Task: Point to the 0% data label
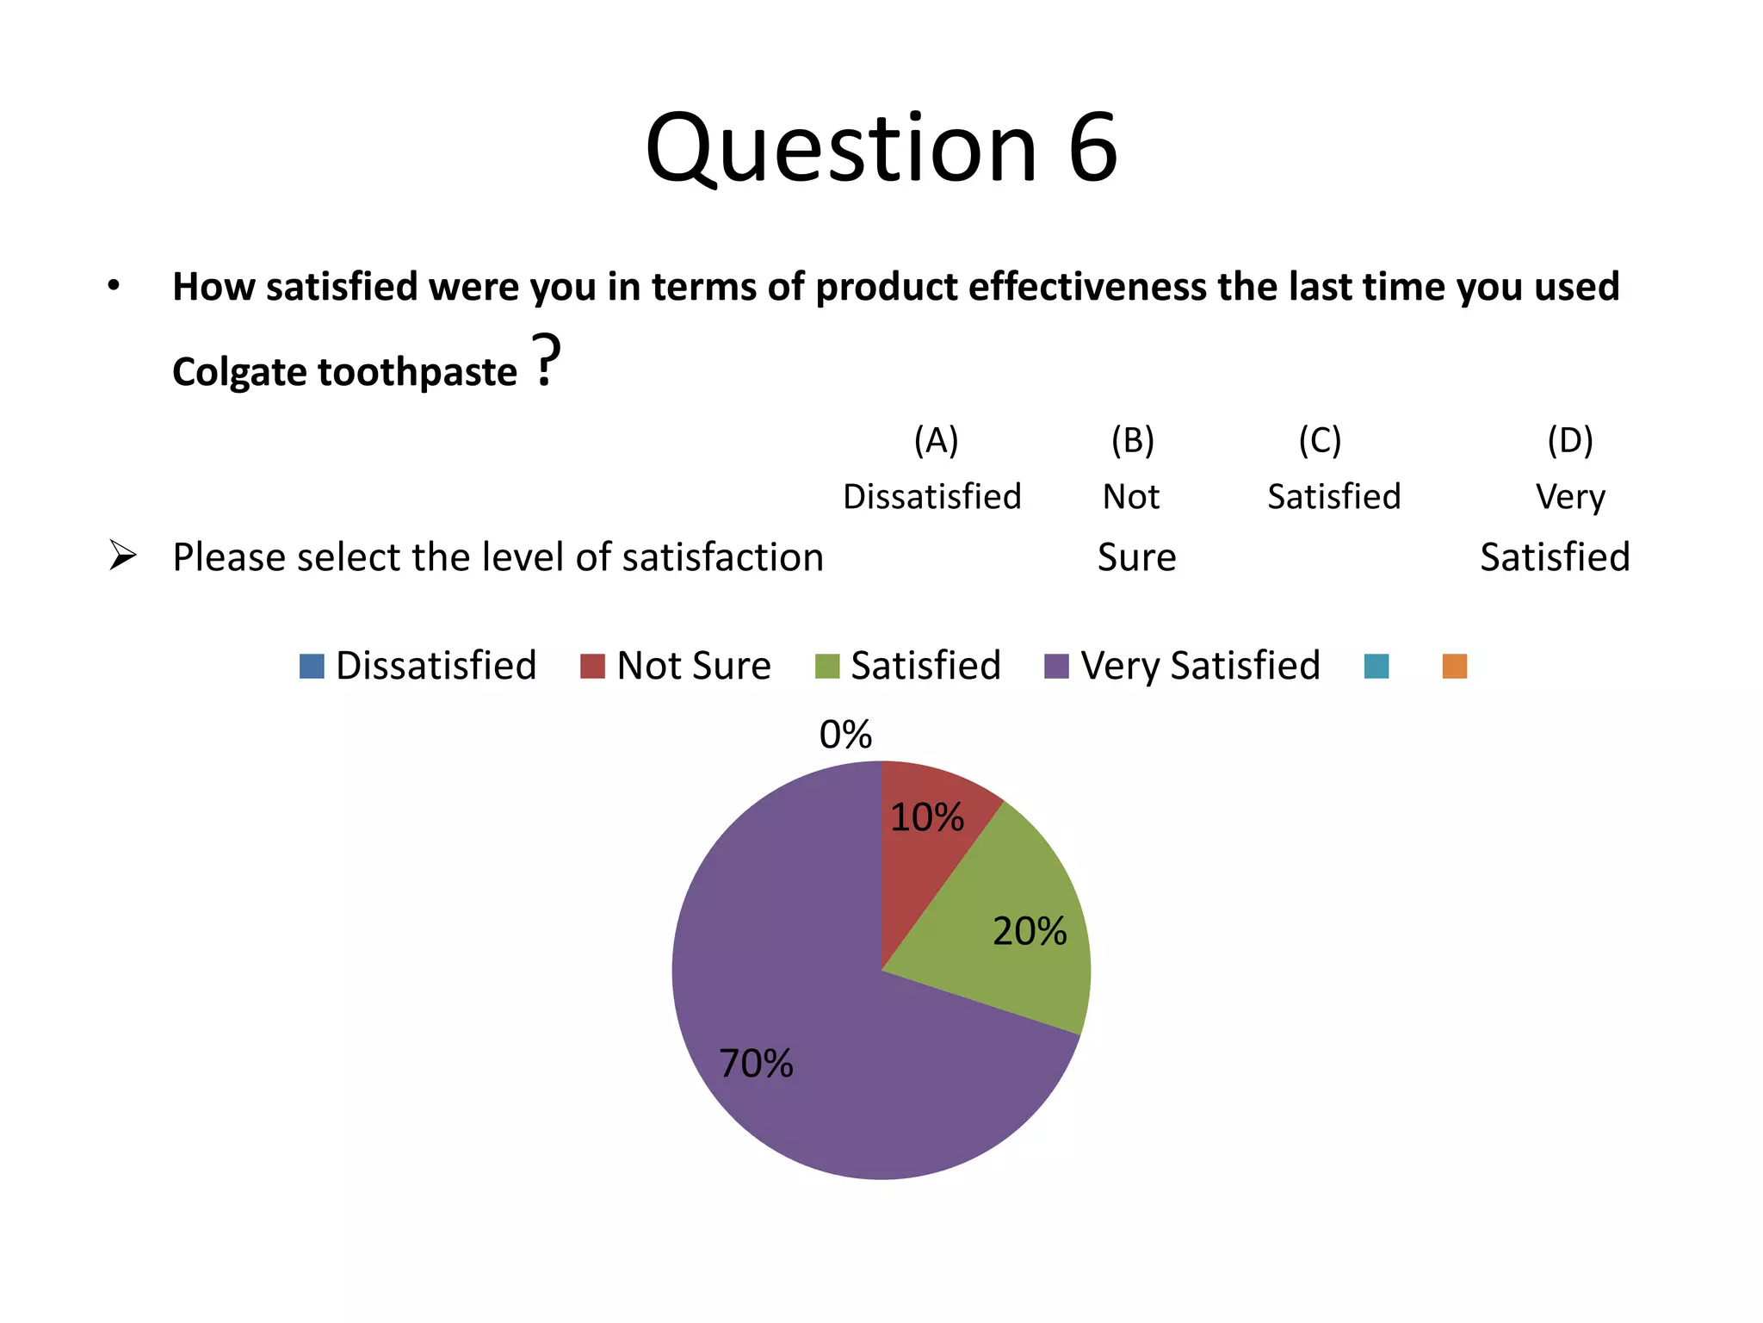tap(845, 735)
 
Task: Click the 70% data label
tap(756, 1064)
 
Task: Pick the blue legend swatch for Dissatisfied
tap(312, 667)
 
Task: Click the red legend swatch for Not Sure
tap(592, 667)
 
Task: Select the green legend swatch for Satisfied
tap(827, 667)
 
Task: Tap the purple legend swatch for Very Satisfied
tap(1056, 667)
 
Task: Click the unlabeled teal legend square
tap(1376, 667)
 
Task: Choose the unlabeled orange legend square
tap(1455, 667)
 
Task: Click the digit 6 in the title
tap(1092, 148)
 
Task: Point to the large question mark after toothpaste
tap(546, 360)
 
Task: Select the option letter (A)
tap(936, 440)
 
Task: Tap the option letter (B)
tap(1132, 440)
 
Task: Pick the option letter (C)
tap(1320, 440)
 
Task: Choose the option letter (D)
tap(1570, 440)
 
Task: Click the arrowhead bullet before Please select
tap(123, 556)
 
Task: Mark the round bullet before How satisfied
tap(114, 286)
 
